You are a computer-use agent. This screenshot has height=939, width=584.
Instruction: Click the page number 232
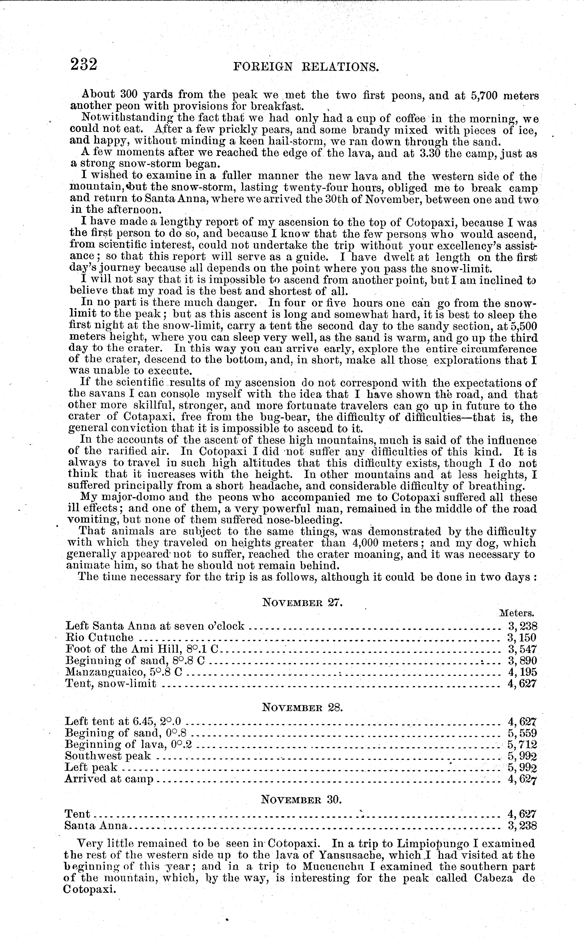click(x=83, y=64)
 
